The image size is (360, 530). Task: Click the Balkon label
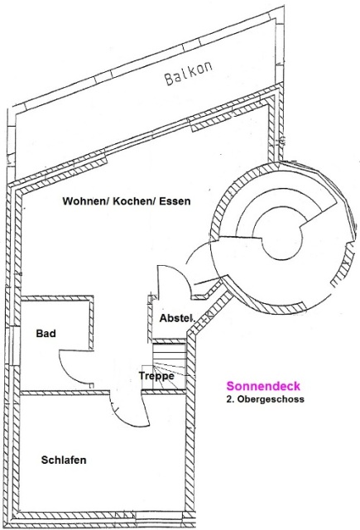189,73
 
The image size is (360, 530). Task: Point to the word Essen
175,201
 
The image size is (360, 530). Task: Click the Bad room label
46,334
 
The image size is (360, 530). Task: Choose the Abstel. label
177,318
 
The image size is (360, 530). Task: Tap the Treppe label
156,376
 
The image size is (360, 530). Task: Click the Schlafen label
64,460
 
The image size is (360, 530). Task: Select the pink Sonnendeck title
263,386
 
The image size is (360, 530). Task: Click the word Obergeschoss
271,399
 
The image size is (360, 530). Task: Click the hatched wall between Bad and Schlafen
65,393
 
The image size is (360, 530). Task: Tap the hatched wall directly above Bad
57,298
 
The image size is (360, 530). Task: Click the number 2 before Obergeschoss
229,399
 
